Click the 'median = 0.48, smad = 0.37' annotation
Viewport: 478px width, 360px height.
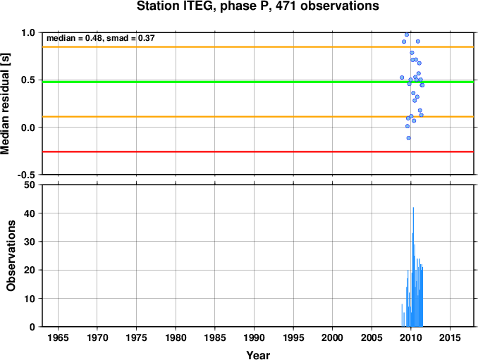pos(101,38)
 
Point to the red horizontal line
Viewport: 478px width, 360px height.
pos(258,151)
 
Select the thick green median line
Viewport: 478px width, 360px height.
pos(258,82)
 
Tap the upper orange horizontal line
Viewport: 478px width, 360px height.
pos(258,47)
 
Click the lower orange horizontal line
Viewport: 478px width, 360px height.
pos(258,117)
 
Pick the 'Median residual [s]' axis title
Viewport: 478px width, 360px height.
pos(5,104)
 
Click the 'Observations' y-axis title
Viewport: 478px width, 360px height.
pos(11,256)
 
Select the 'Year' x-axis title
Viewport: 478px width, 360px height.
pos(258,355)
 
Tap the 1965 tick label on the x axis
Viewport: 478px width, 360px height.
pos(58,337)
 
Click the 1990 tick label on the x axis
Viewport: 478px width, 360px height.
pos(254,337)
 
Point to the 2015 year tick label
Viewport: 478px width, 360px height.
pos(450,337)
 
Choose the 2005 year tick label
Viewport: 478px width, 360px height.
pos(372,337)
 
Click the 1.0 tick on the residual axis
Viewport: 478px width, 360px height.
pos(28,32)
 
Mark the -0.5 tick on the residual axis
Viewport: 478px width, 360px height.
pos(26,175)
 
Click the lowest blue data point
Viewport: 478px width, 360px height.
pos(408,138)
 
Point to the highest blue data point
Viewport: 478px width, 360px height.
pos(407,35)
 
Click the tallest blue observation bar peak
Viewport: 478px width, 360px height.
pos(413,208)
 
